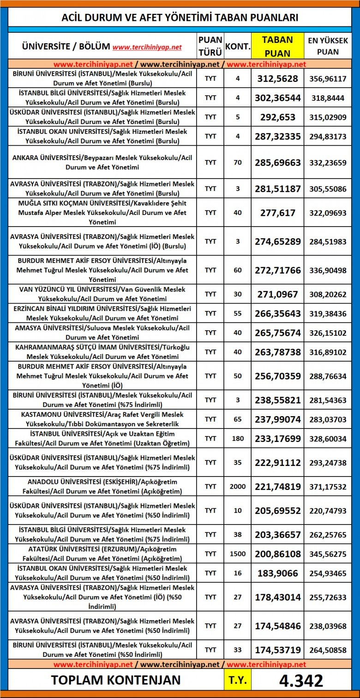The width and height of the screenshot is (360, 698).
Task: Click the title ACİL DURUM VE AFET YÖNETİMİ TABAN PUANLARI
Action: point(180,18)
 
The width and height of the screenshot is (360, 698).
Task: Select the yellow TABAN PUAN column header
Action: point(277,46)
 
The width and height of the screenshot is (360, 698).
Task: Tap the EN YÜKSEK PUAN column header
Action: point(328,46)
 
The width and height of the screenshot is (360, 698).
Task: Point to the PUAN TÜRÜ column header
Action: point(210,46)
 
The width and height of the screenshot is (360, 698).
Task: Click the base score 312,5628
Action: point(277,78)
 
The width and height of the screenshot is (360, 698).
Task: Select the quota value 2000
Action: point(238,486)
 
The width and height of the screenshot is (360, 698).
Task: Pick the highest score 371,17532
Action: point(328,486)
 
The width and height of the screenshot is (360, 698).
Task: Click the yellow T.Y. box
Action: point(238,680)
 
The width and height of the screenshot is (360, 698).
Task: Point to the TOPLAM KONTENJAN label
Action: point(116,680)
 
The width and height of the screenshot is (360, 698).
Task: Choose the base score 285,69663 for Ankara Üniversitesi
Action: point(277,162)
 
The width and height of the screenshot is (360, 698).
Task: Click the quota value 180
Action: point(238,439)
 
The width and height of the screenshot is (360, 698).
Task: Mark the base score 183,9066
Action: point(277,573)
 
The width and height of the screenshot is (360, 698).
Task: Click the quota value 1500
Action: point(238,554)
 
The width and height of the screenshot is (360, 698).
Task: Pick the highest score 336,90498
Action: point(328,270)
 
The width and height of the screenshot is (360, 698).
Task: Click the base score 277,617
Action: point(277,213)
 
